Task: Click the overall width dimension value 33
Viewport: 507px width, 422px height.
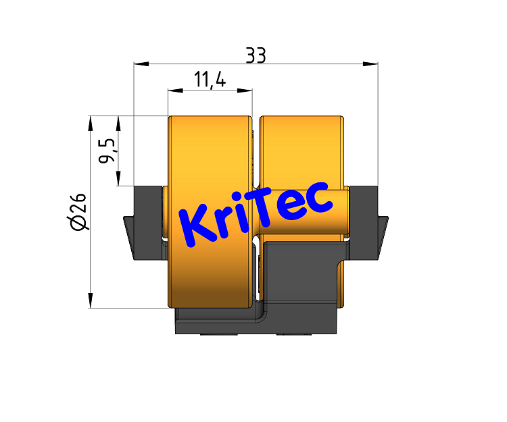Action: coord(256,55)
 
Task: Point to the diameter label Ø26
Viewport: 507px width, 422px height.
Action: coord(78,211)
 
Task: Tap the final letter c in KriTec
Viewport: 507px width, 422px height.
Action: coord(318,199)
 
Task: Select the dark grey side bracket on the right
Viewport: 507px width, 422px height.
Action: coord(365,223)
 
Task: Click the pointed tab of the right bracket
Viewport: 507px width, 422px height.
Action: coord(383,226)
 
